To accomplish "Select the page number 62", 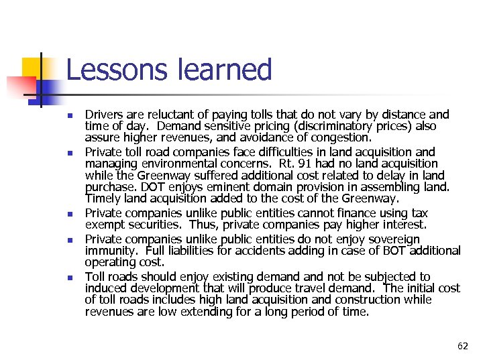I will (463, 346).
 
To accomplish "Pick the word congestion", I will (342, 137).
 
